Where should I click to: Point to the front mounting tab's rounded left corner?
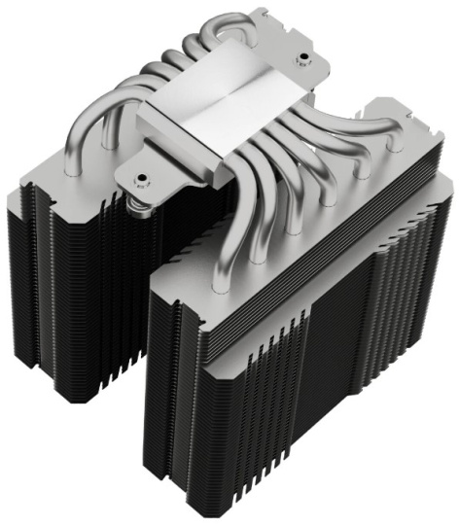[x=123, y=179]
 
